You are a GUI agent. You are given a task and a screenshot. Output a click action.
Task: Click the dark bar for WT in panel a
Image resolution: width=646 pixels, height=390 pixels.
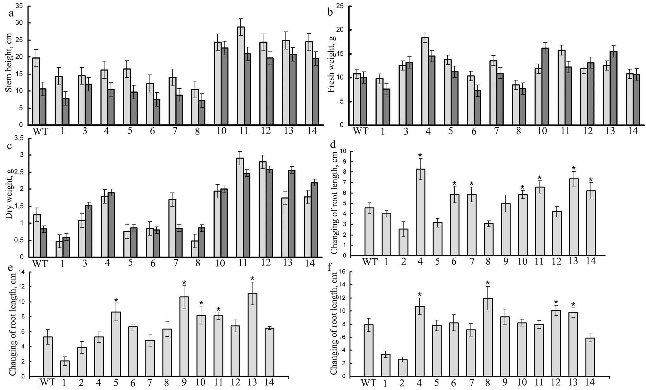click(43, 107)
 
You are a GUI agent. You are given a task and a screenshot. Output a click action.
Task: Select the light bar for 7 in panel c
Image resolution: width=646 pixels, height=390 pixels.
click(172, 228)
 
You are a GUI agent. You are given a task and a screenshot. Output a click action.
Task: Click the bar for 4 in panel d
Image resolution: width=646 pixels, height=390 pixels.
click(420, 212)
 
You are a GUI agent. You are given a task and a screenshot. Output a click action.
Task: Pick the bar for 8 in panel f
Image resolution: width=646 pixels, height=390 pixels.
click(488, 337)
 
